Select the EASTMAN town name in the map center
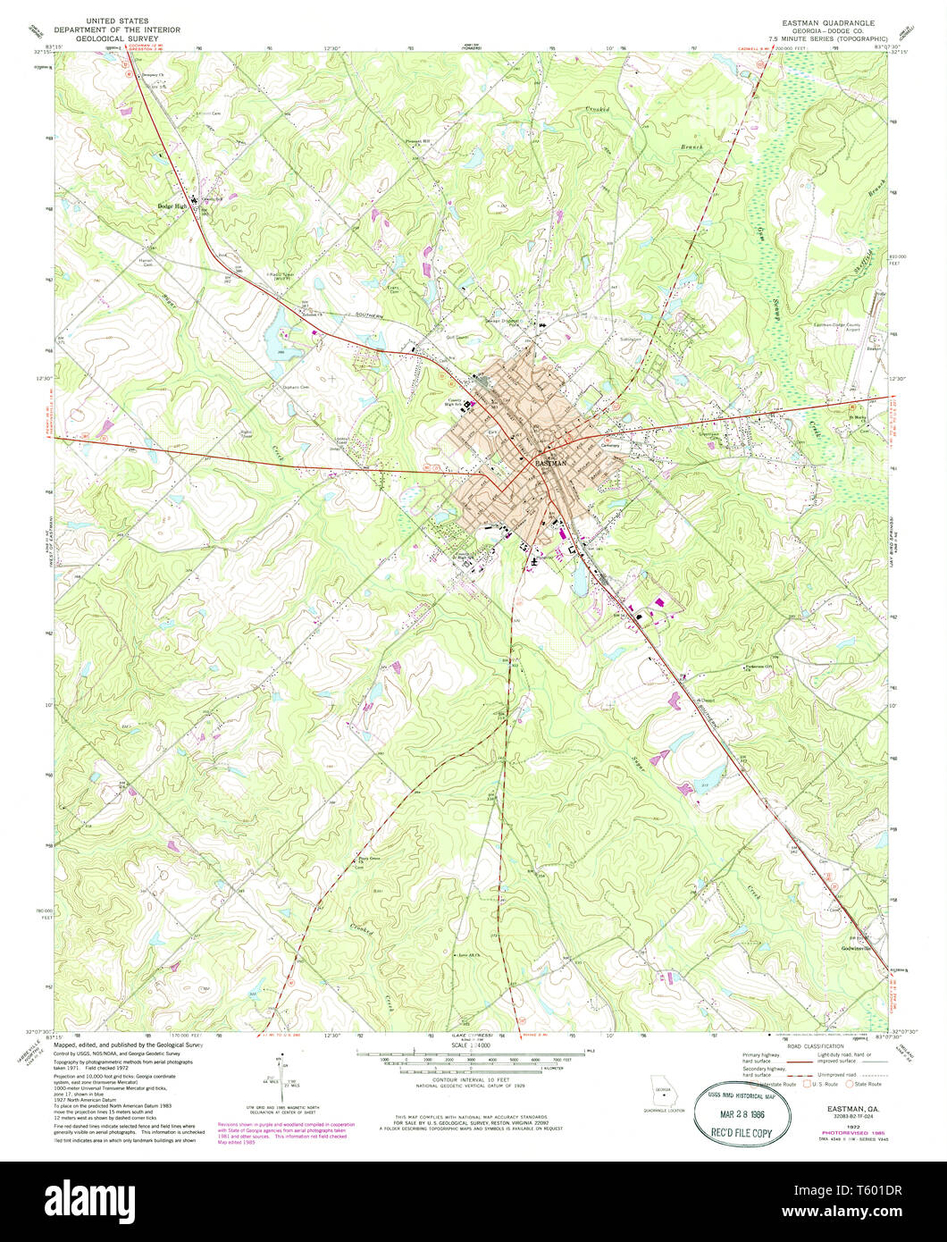pos(551,465)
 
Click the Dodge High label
pos(172,206)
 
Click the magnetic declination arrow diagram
pos(281,1072)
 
